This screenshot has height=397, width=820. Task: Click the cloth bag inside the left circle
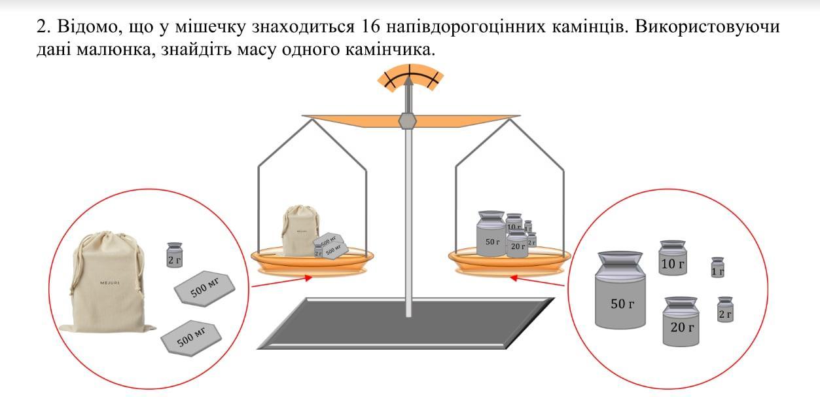coord(107,282)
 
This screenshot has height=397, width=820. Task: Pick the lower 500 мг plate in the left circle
coord(191,337)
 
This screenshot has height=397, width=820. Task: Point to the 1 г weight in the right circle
coord(718,268)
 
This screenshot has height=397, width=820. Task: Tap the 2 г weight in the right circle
coord(724,310)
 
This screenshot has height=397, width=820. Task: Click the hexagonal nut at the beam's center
coord(408,121)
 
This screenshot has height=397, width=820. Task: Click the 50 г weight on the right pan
coord(491,236)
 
